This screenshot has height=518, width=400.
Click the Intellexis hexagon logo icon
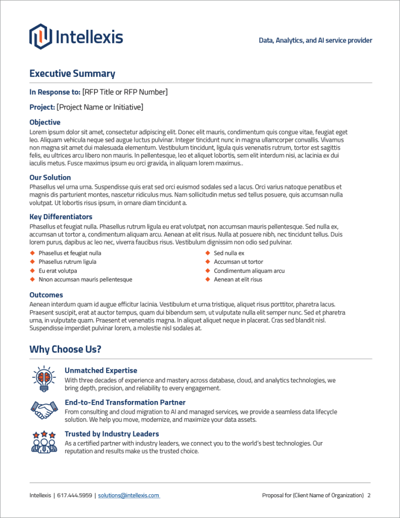pyautogui.click(x=40, y=36)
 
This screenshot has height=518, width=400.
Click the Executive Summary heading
pyautogui.click(x=72, y=73)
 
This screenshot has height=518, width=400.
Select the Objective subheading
pyautogui.click(x=45, y=122)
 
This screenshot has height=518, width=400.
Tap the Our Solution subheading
pyautogui.click(x=50, y=177)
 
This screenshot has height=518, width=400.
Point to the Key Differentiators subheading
pyautogui.click(x=61, y=217)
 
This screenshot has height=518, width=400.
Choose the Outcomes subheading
pyautogui.click(x=46, y=295)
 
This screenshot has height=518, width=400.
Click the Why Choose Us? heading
pyautogui.click(x=65, y=349)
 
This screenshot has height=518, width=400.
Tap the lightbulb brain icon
pyautogui.click(x=44, y=378)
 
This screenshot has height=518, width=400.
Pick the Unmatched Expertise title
pyautogui.click(x=101, y=371)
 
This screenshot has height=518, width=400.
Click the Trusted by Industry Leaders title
pyautogui.click(x=112, y=434)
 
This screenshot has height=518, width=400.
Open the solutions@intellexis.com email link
pyautogui.click(x=129, y=495)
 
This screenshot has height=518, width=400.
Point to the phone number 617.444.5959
pyautogui.click(x=75, y=495)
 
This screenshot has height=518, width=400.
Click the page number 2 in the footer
pyautogui.click(x=369, y=495)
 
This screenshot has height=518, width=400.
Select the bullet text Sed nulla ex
pyautogui.click(x=229, y=253)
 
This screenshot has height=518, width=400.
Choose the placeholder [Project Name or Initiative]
pyautogui.click(x=100, y=107)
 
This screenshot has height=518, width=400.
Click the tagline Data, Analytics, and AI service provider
pyautogui.click(x=316, y=41)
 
